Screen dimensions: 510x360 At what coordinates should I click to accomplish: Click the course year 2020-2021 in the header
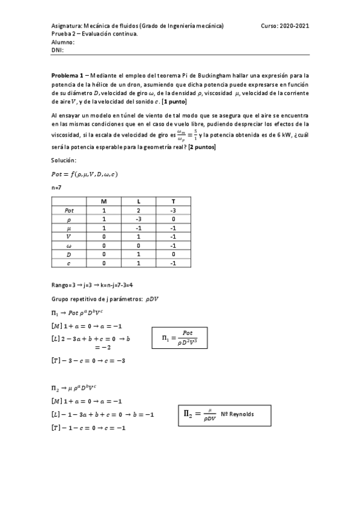click(294, 26)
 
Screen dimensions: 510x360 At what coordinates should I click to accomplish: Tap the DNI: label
click(57, 50)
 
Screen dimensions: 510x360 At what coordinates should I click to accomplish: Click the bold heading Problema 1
click(69, 76)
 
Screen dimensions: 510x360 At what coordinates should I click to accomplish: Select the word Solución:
click(64, 160)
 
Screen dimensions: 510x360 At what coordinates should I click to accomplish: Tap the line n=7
click(58, 188)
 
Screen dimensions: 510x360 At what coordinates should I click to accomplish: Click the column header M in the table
click(103, 201)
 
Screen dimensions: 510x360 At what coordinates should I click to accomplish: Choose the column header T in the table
click(174, 201)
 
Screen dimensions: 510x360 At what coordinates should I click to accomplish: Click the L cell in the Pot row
click(139, 210)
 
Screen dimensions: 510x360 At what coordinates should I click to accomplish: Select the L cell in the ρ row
click(139, 220)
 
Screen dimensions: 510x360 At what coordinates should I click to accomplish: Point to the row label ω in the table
click(69, 246)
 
